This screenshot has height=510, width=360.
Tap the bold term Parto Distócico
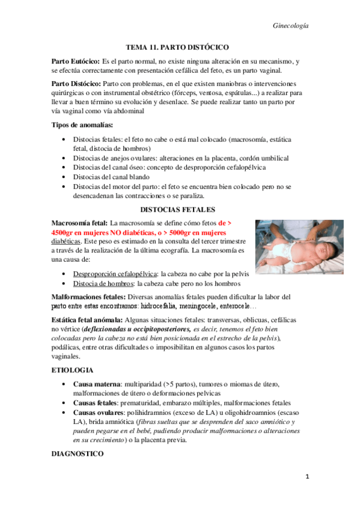pos(76,85)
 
